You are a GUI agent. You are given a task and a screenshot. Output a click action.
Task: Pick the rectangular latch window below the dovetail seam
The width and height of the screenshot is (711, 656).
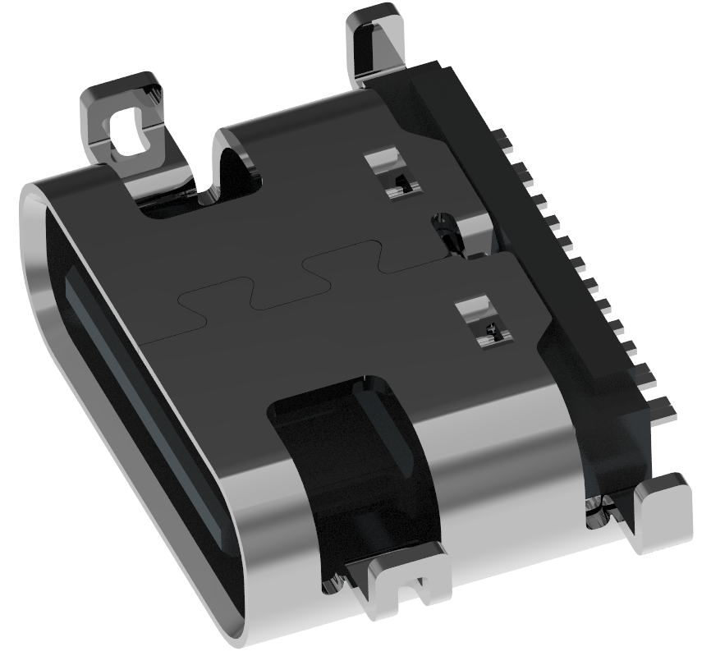pyautogui.click(x=484, y=320)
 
